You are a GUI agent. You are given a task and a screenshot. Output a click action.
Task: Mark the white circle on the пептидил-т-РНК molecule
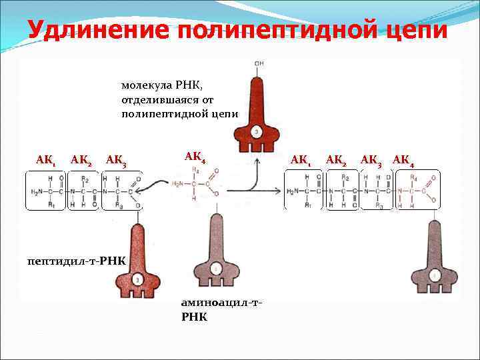137,279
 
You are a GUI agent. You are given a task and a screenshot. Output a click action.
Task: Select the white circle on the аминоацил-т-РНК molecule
215,269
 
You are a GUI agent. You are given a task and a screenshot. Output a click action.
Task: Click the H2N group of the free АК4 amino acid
180,185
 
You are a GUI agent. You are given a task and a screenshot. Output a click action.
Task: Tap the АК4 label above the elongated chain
403,159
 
